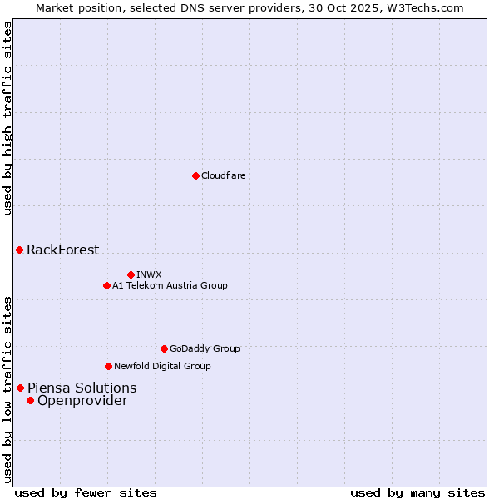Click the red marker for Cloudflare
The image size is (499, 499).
tap(195, 175)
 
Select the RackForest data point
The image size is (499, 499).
tap(19, 249)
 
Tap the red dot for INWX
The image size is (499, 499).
tap(131, 274)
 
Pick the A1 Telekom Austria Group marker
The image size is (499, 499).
tap(106, 285)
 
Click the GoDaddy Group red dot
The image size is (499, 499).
tap(164, 348)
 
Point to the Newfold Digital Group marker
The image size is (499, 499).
tap(108, 366)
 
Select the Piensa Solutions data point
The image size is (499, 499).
tap(20, 388)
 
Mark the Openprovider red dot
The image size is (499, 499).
tap(30, 401)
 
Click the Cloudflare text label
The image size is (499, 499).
tap(223, 175)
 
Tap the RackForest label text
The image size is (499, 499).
tap(62, 249)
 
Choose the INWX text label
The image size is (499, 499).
tap(149, 274)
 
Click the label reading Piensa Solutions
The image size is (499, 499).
tap(82, 388)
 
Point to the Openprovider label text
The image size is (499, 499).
tap(82, 401)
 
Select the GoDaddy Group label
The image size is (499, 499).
tap(204, 348)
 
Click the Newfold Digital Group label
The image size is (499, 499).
tap(162, 366)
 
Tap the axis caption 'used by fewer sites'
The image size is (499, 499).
tap(86, 492)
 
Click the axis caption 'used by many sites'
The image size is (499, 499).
tap(417, 492)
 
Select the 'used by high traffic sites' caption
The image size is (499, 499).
tap(7, 118)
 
